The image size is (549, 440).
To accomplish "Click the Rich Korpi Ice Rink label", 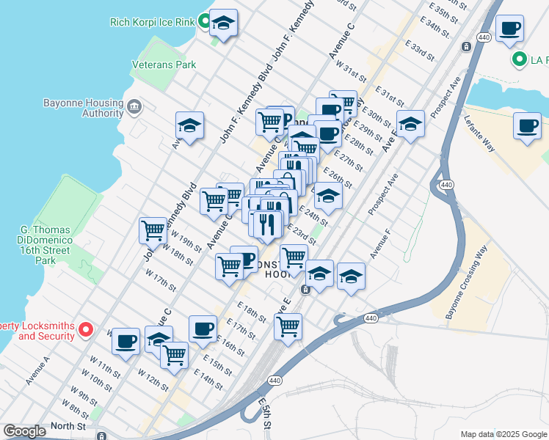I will point(152,22).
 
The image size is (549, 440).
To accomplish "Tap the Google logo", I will point(25,431).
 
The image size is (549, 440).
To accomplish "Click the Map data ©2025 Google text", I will point(503,434).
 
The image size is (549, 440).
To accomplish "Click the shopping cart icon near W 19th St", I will point(153,230).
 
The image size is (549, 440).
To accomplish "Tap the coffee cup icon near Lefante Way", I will point(526,125).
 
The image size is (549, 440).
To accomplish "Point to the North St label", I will point(68,425).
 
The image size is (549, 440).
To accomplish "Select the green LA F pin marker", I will point(520,59).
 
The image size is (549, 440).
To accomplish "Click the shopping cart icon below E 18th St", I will point(288,325).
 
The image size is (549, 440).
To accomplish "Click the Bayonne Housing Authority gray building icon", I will point(134,108).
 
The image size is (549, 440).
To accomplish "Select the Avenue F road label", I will point(381,246).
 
